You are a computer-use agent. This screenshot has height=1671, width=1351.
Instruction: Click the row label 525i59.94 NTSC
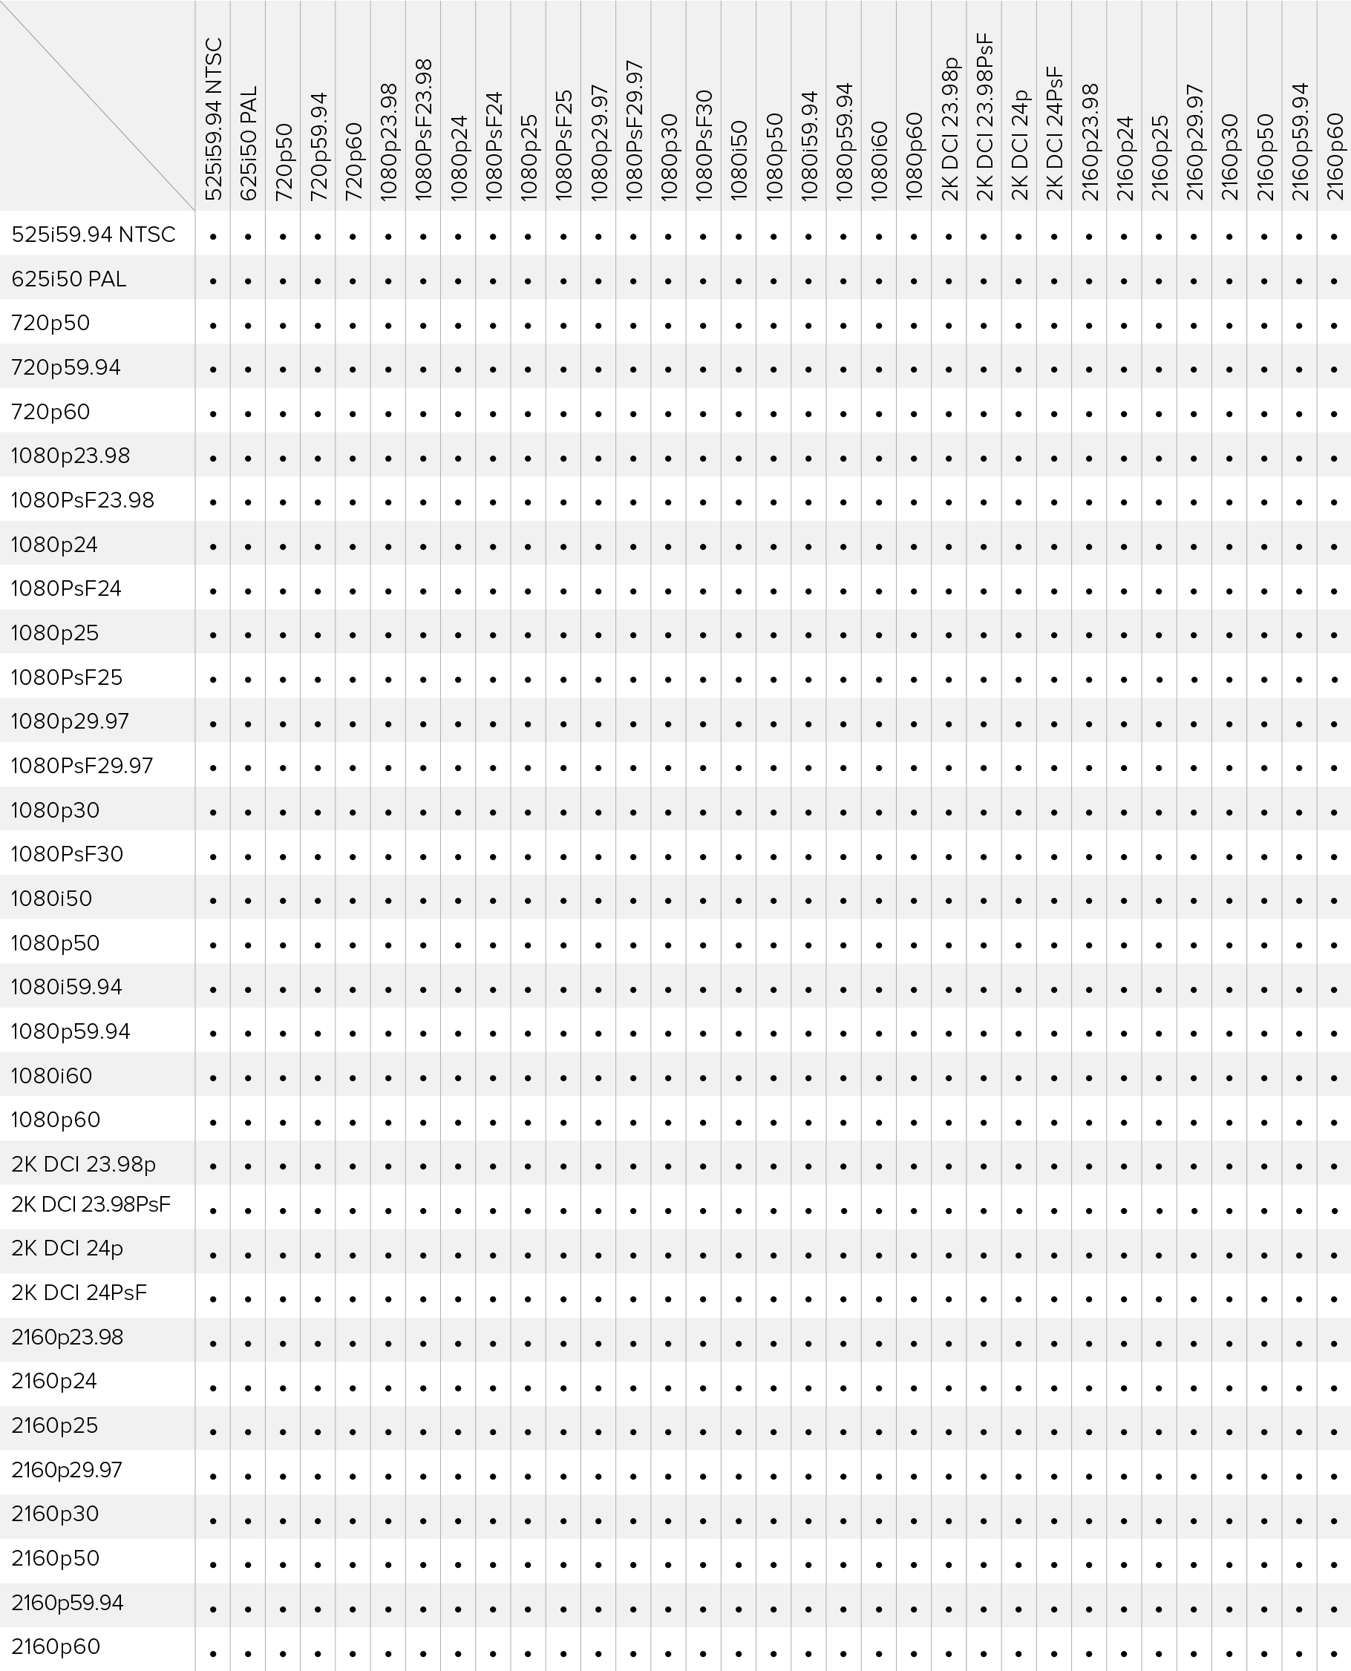(x=94, y=234)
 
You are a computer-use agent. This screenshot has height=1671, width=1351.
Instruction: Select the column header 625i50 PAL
(x=248, y=144)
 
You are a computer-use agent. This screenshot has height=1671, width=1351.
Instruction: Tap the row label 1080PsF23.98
(x=82, y=500)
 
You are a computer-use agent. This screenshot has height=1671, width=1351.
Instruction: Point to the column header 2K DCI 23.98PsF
(x=984, y=116)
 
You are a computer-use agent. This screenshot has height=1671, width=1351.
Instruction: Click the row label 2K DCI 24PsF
(x=79, y=1293)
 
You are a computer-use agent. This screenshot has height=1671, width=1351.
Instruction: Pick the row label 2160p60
(x=56, y=1647)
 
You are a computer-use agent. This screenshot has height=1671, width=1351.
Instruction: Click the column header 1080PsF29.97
(x=633, y=131)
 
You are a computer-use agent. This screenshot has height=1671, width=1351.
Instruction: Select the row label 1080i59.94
(x=67, y=987)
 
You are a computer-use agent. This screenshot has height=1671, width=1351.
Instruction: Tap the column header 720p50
(x=284, y=162)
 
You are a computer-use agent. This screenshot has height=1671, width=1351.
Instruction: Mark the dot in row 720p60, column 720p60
(x=353, y=415)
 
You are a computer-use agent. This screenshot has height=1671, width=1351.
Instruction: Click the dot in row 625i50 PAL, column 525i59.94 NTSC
(x=212, y=282)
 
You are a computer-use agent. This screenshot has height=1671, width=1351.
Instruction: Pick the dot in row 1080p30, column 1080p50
(x=773, y=813)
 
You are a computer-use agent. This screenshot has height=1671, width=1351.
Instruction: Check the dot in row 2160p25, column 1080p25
(x=529, y=1432)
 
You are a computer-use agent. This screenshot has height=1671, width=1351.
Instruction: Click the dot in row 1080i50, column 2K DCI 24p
(x=1018, y=902)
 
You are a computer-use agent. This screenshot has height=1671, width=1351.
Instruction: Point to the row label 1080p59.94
(x=71, y=1031)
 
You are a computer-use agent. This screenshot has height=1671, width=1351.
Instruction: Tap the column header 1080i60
(x=880, y=162)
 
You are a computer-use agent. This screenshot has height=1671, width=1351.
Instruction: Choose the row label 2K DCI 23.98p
(x=83, y=1164)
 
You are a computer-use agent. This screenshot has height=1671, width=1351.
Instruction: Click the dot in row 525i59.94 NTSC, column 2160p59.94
(x=1299, y=237)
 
